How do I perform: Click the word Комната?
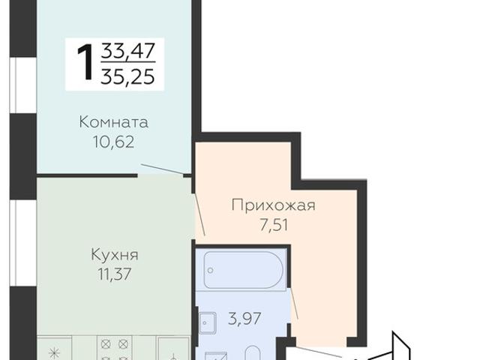tap(114, 121)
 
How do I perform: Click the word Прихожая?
tap(273, 205)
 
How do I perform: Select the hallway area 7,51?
tap(273, 223)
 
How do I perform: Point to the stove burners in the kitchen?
tap(114, 349)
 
